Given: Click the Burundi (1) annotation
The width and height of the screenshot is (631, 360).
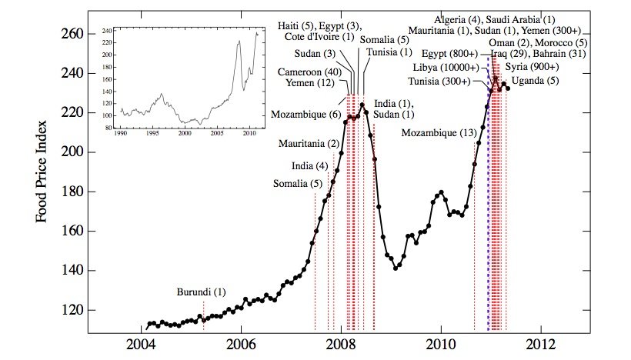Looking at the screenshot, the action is tap(201, 292).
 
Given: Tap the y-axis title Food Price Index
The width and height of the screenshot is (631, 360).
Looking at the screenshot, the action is tap(41, 172).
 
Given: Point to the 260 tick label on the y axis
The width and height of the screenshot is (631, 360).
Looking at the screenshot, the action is tap(72, 34).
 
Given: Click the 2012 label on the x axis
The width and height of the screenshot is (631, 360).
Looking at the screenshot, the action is tap(541, 345).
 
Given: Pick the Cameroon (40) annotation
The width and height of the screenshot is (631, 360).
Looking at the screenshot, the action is tap(309, 72).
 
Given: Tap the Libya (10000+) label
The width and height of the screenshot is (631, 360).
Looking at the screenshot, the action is tap(446, 68).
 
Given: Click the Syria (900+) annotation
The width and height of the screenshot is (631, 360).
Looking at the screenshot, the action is tap(532, 67).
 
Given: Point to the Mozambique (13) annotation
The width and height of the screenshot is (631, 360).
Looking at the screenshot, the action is tap(439, 133).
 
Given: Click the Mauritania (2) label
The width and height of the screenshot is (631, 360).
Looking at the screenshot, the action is tap(309, 144).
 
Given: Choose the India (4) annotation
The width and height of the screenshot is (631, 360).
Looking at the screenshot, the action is tap(310, 165).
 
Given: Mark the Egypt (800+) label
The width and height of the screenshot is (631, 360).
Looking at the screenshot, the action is tap(450, 54).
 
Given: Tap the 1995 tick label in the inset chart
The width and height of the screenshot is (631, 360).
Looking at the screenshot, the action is tap(152, 133).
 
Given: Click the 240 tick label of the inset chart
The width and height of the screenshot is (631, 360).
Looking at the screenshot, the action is tap(107, 31).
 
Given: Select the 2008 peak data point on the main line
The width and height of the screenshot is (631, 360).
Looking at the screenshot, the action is tap(362, 105).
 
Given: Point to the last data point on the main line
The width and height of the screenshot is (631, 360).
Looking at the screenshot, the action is tap(508, 88).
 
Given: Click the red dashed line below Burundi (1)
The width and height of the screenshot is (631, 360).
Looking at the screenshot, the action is tap(204, 315).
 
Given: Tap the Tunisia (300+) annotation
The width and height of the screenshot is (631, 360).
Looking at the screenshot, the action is tap(439, 82).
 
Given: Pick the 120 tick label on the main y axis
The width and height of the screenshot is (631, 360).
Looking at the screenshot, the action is tap(72, 311).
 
